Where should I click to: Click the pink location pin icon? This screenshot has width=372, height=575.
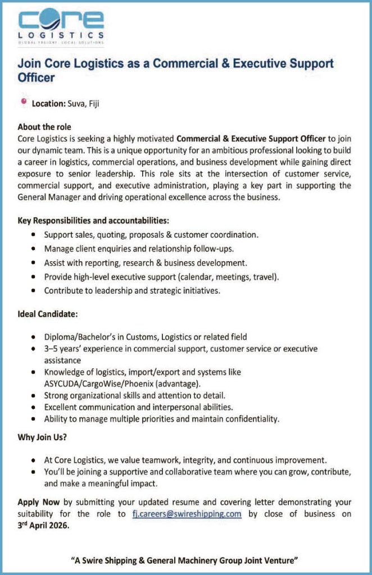point(24,102)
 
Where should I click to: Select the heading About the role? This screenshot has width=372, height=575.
point(44,127)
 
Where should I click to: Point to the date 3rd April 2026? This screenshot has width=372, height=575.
point(43,526)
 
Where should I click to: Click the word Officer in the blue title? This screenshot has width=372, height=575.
point(36,78)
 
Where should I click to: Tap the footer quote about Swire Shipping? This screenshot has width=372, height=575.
point(185,560)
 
